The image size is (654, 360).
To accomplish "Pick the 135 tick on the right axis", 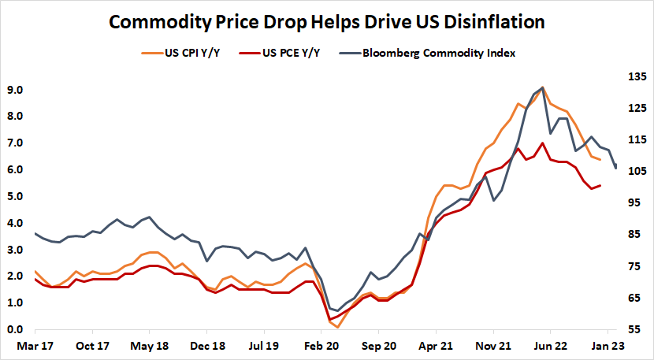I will coord(635,76).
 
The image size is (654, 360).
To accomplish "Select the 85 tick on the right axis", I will coord(633,235).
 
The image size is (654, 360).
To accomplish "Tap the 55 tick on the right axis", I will coord(633,329).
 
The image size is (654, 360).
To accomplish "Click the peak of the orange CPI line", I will coord(543,88).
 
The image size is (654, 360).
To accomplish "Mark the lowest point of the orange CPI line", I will coord(337,326).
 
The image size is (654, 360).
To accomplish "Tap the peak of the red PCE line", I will coord(542,143).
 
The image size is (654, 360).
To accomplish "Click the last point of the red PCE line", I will coord(600,186).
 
